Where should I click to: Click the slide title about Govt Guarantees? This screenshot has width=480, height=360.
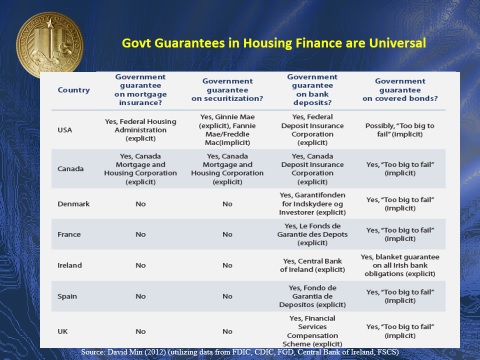(x=274, y=44)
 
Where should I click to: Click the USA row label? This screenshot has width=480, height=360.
(x=66, y=131)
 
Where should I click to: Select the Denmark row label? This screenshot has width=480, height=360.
(x=73, y=204)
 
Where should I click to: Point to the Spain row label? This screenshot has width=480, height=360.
(x=68, y=297)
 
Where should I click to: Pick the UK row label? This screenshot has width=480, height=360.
(x=64, y=329)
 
